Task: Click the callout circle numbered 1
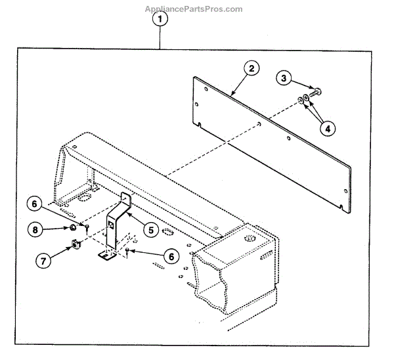(x=160, y=19)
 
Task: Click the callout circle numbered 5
(x=151, y=230)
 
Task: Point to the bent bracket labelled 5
(x=116, y=223)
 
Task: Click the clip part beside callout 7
(x=75, y=246)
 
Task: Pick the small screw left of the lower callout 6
(x=127, y=251)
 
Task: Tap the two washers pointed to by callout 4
(x=303, y=101)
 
